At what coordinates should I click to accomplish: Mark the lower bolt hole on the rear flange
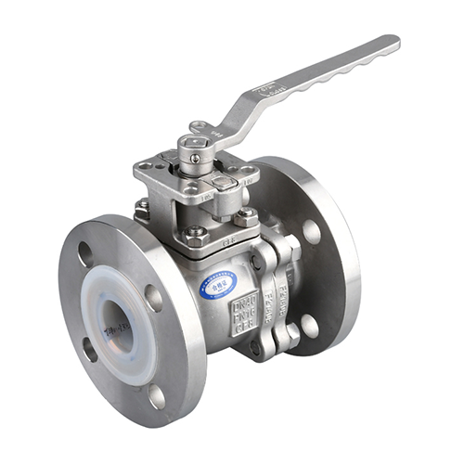(x=309, y=326)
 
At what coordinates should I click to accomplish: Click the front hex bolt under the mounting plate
(x=194, y=231)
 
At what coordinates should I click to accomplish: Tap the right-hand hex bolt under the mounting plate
(x=247, y=216)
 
